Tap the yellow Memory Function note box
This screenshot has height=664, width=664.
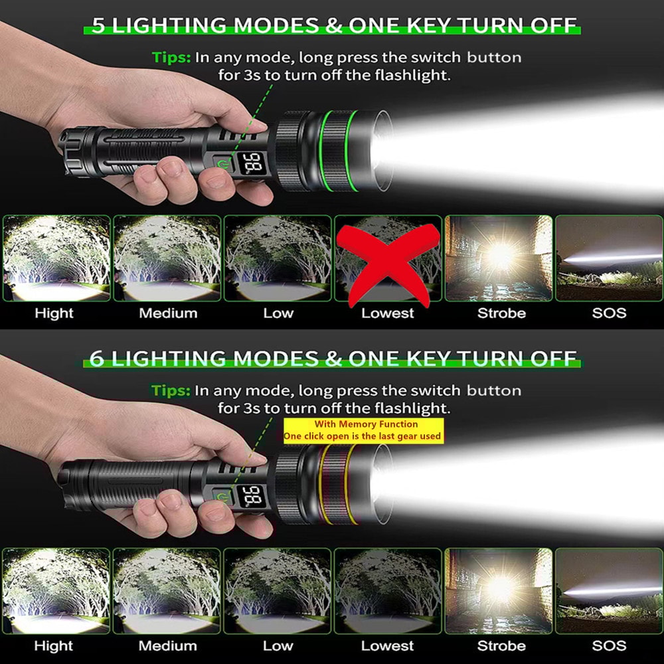[363, 430]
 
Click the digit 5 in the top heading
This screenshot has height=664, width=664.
[98, 26]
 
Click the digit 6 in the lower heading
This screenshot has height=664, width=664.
[97, 359]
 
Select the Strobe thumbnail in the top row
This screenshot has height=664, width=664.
[499, 258]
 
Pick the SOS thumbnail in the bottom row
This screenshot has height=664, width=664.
[609, 590]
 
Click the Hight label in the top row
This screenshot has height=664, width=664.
[54, 313]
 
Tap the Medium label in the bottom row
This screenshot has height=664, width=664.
[167, 645]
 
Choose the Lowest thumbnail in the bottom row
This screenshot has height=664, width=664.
[388, 590]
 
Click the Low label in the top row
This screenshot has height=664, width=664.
[278, 313]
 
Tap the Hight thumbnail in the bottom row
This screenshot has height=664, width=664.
[56, 590]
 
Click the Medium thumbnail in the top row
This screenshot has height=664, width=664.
[167, 258]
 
